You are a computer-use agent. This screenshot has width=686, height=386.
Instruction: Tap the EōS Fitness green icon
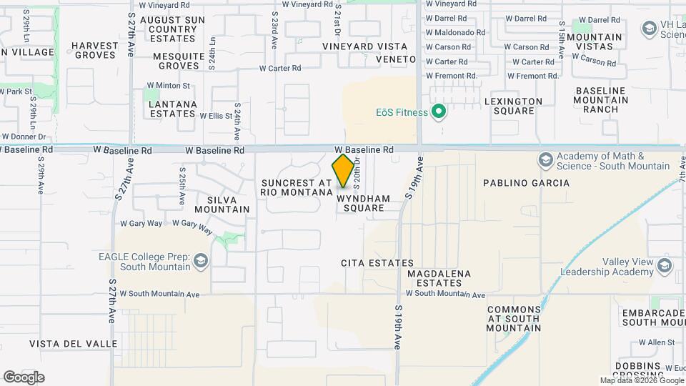(x=440, y=112)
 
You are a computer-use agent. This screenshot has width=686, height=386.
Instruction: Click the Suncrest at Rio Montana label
(x=297, y=187)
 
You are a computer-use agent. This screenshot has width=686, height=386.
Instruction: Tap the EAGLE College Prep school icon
(x=201, y=261)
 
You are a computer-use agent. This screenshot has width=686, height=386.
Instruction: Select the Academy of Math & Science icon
(x=547, y=159)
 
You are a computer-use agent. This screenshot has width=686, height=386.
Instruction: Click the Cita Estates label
(x=369, y=263)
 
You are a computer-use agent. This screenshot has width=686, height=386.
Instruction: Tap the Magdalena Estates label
(x=439, y=279)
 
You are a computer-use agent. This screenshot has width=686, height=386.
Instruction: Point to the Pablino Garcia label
(x=526, y=183)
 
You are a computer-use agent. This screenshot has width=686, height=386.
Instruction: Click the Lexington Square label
(x=513, y=106)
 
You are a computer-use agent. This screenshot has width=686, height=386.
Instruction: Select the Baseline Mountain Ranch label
(x=600, y=100)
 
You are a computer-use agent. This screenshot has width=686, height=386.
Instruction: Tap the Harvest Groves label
(x=94, y=50)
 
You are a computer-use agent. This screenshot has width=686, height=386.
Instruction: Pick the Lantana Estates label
(x=171, y=109)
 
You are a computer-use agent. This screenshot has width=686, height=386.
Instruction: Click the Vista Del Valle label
(x=74, y=344)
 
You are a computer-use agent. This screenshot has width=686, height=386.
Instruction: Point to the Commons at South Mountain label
(x=513, y=319)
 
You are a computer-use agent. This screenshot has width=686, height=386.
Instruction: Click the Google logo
(x=24, y=377)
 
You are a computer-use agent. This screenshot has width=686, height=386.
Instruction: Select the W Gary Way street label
(x=141, y=224)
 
